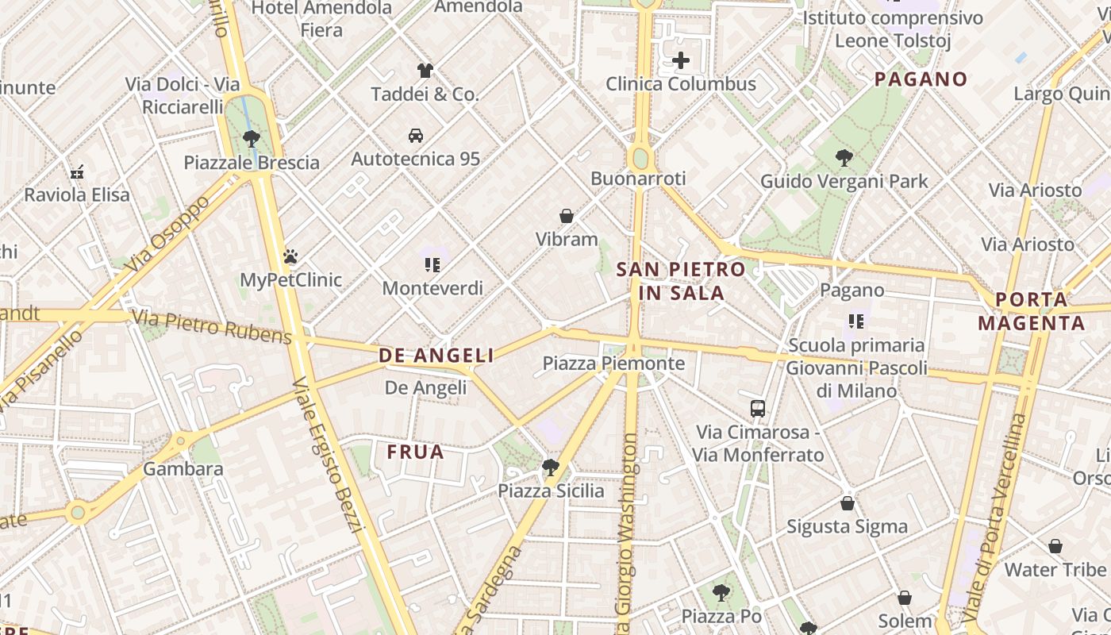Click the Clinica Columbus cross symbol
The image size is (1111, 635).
pyautogui.click(x=680, y=60)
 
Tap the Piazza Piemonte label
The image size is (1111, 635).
pyautogui.click(x=613, y=364)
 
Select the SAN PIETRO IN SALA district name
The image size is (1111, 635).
pyautogui.click(x=681, y=281)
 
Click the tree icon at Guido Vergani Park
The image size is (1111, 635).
pyautogui.click(x=844, y=158)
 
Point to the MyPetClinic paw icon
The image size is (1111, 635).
pyautogui.click(x=290, y=256)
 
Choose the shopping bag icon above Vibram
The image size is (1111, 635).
pyautogui.click(x=567, y=216)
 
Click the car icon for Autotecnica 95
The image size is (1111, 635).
pyautogui.click(x=416, y=135)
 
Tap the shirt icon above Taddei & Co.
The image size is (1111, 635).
pyautogui.click(x=425, y=71)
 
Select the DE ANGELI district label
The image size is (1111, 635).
pyautogui.click(x=436, y=356)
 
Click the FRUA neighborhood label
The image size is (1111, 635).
pyautogui.click(x=415, y=452)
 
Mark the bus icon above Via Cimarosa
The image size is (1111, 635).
pyautogui.click(x=758, y=409)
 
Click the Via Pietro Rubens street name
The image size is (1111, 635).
pyautogui.click(x=212, y=327)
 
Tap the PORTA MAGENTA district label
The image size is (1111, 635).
pyautogui.click(x=1031, y=312)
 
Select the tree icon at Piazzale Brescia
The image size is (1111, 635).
pyautogui.click(x=252, y=139)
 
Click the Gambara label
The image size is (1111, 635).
pyautogui.click(x=183, y=469)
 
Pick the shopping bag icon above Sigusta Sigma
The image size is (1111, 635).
pyautogui.click(x=848, y=503)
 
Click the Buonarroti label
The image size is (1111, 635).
pyautogui.click(x=638, y=179)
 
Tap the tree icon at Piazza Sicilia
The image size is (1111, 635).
pyautogui.click(x=551, y=468)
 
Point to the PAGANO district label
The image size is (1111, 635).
pyautogui.click(x=921, y=79)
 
